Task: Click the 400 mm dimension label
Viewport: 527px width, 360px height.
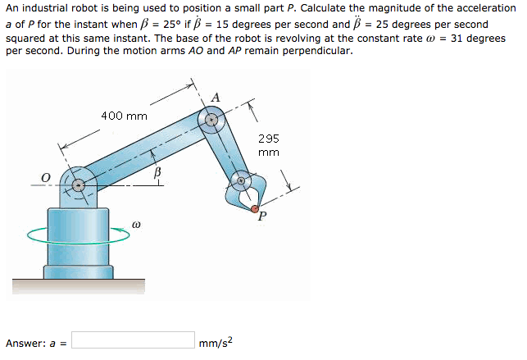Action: [x=124, y=116]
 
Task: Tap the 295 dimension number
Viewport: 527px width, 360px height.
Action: [x=269, y=139]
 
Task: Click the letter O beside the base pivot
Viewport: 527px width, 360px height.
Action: [x=46, y=178]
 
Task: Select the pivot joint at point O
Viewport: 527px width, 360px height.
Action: [x=79, y=185]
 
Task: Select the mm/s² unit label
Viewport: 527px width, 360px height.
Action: [x=215, y=342]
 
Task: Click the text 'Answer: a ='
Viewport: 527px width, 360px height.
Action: [x=35, y=343]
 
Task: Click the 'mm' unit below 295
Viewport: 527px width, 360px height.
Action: [x=269, y=152]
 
